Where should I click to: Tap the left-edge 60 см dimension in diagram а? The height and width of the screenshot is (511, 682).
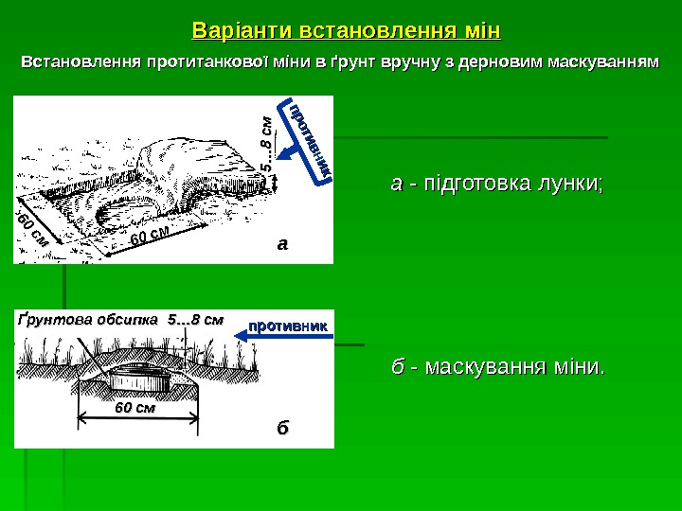(32, 230)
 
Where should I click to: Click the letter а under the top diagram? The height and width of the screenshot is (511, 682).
(280, 243)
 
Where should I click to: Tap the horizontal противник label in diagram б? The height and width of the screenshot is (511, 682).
(288, 325)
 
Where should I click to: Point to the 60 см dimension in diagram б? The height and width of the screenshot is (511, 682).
(135, 408)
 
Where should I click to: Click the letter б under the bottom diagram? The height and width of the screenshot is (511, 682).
(280, 427)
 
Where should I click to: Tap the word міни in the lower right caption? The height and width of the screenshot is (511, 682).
(578, 365)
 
